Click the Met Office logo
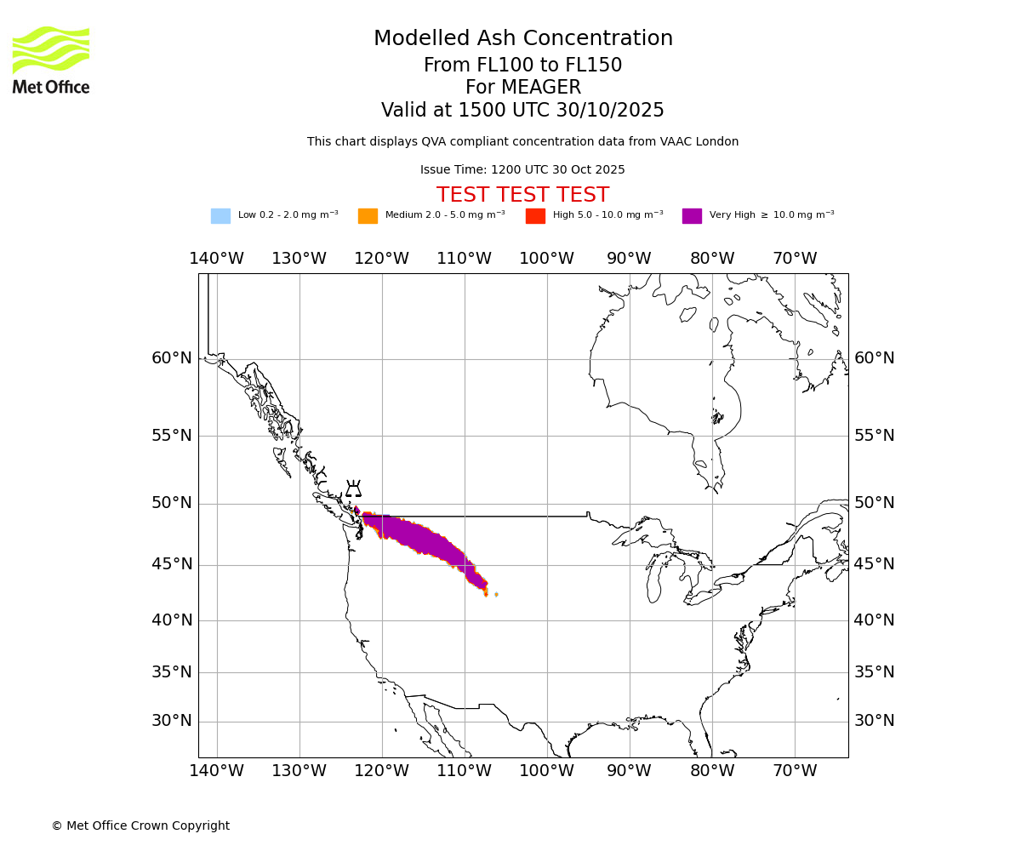click(x=51, y=60)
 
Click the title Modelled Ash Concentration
click(x=522, y=39)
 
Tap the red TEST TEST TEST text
click(x=522, y=195)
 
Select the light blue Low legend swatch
click(x=220, y=216)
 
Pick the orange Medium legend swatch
click(x=368, y=216)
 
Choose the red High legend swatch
click(x=535, y=216)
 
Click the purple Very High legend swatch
click(x=692, y=216)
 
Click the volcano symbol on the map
click(x=353, y=489)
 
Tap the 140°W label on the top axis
click(x=216, y=259)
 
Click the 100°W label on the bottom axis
click(x=546, y=771)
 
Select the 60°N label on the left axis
click(x=172, y=358)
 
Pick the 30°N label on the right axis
click(x=874, y=721)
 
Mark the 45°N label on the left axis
click(x=172, y=564)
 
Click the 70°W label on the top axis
click(x=795, y=259)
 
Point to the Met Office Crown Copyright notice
click(x=140, y=825)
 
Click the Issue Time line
click(x=522, y=170)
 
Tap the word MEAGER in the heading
click(x=522, y=88)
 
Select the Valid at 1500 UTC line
click(x=522, y=111)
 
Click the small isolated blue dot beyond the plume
click(x=496, y=594)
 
